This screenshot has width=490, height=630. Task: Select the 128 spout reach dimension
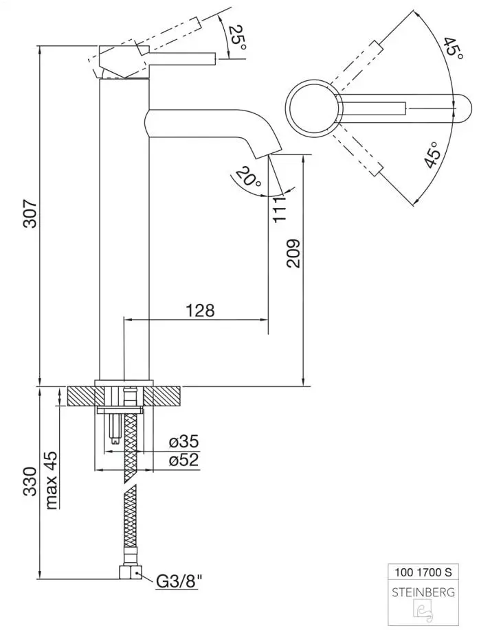click(x=200, y=310)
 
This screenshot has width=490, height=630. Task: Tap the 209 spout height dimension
click(x=293, y=253)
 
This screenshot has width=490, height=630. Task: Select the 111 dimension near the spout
click(x=278, y=209)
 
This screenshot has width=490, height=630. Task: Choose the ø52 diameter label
click(x=183, y=460)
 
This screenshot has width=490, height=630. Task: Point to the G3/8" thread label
click(x=180, y=583)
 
